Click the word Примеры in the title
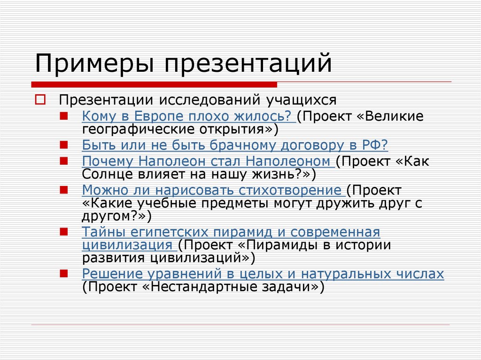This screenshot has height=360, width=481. coord(94,64)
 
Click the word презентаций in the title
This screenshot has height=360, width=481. coord(248,64)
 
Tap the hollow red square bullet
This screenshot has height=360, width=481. coord(40,100)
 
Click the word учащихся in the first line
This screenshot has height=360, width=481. coord(301,100)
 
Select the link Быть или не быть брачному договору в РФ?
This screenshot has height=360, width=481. coord(235,145)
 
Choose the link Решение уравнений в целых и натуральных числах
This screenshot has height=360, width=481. coord(263,274)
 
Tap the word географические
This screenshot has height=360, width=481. coord(139,130)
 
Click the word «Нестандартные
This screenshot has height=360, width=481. coord(202,287)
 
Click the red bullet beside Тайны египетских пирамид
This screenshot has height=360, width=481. coord(64,232)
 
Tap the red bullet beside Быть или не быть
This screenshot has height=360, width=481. coord(64,145)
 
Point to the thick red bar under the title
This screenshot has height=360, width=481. coord(154,84)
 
